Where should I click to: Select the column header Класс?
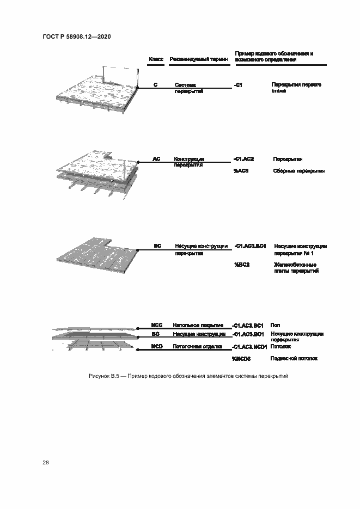(156, 59)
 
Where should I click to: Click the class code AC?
(156, 159)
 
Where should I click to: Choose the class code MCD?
(157, 346)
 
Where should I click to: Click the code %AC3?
(241, 171)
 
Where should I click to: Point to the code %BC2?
(241, 264)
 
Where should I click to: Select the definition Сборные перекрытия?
(298, 171)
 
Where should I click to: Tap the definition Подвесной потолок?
(294, 359)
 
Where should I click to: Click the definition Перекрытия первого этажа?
(296, 88)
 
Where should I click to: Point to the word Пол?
(275, 325)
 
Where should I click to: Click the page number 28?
(46, 462)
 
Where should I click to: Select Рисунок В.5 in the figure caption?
(103, 376)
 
